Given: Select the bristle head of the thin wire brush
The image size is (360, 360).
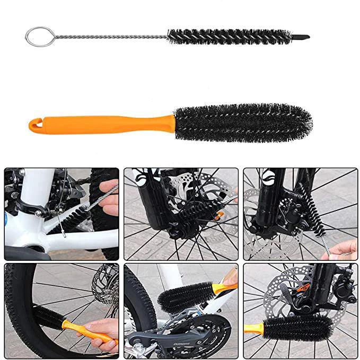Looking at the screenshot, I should pyautogui.click(x=228, y=36).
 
